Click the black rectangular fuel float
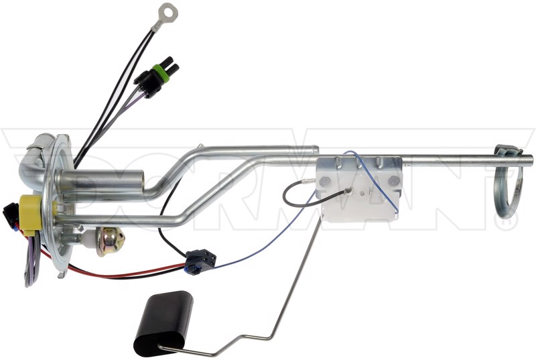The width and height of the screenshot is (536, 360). click(163, 323)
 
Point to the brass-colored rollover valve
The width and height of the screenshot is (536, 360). click(109, 241)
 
